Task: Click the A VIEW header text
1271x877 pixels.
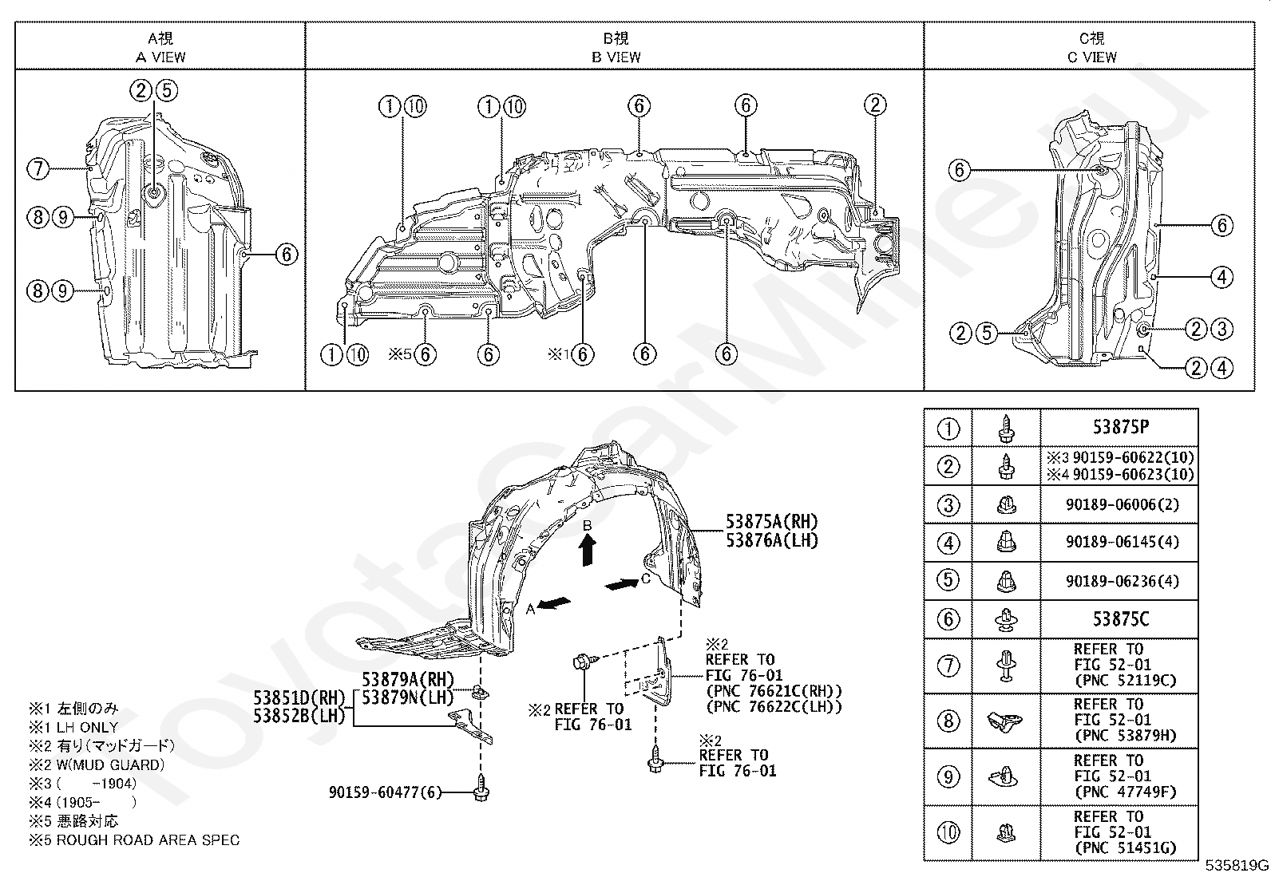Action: click(x=160, y=57)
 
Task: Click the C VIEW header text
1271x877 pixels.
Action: click(x=1091, y=57)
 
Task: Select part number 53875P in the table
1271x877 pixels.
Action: click(x=1121, y=427)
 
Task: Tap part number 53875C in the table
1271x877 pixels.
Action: click(x=1121, y=619)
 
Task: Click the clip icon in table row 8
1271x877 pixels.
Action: click(x=1005, y=721)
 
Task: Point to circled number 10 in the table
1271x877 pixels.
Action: click(x=948, y=833)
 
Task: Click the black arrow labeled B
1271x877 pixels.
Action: click(x=588, y=551)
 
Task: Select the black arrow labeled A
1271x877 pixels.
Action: click(x=553, y=603)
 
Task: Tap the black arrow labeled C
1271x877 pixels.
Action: click(x=623, y=583)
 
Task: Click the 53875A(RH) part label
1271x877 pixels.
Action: click(x=772, y=521)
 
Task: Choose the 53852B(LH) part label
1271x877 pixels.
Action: click(x=299, y=716)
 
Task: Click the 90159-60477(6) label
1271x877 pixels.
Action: click(x=386, y=792)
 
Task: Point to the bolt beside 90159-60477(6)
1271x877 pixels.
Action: click(x=481, y=788)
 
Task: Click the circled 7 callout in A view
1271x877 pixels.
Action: click(x=38, y=168)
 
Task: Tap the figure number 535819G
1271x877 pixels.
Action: click(x=1237, y=866)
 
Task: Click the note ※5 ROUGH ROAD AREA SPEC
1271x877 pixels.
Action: click(x=134, y=840)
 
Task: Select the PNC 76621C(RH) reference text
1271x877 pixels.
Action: click(x=774, y=692)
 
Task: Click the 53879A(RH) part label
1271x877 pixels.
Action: click(x=408, y=679)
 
